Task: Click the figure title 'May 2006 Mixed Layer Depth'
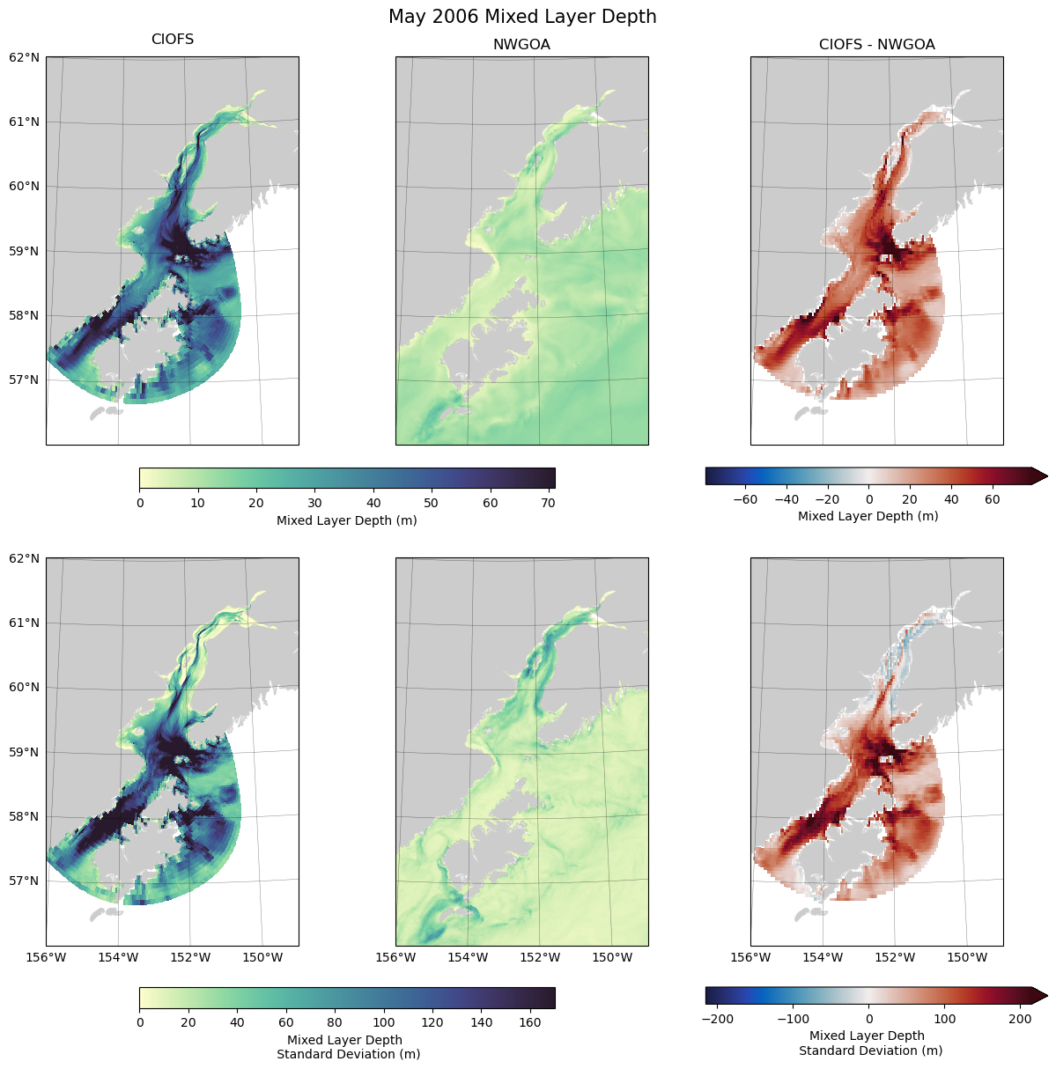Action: point(522,17)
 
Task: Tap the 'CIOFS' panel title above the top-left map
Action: point(173,40)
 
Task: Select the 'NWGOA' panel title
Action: point(521,44)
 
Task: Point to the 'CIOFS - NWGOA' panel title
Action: point(876,44)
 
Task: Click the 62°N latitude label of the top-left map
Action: point(24,57)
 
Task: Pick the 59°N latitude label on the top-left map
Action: point(24,251)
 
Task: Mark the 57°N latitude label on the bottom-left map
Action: point(24,881)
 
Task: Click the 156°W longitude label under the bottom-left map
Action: point(46,957)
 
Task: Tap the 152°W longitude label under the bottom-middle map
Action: point(540,957)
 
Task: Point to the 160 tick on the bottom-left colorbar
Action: point(530,1023)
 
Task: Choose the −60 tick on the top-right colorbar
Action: point(745,499)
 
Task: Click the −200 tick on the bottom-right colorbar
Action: point(718,1019)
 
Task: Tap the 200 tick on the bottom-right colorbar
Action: point(1020,1019)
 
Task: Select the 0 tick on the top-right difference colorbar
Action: point(868,499)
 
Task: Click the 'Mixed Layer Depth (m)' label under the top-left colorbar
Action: point(347,520)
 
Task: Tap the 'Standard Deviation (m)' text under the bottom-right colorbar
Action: point(870,1051)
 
